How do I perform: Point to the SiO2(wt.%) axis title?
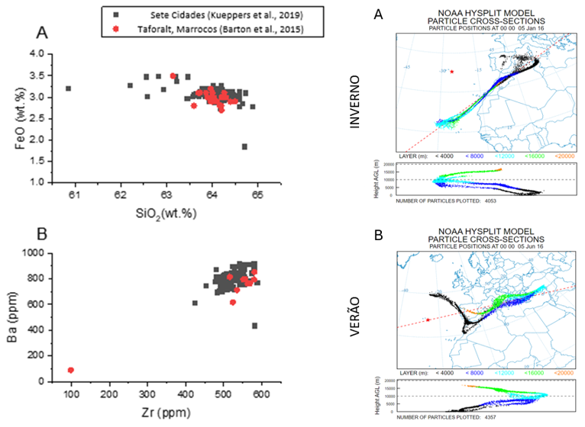click(x=160, y=211)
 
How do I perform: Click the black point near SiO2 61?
click(x=68, y=88)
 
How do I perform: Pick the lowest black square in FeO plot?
click(x=244, y=146)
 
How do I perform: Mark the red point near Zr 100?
click(x=71, y=370)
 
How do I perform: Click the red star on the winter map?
click(x=453, y=72)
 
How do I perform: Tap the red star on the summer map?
click(x=428, y=319)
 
